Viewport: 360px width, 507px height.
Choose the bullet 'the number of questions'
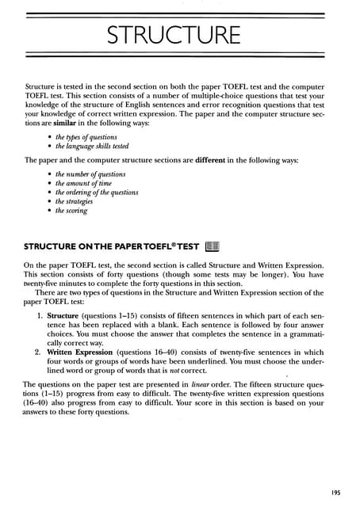pyautogui.click(x=90, y=174)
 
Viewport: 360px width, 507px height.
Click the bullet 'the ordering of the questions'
pyautogui.click(x=97, y=193)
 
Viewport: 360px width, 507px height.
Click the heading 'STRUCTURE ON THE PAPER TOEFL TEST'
pyautogui.click(x=111, y=246)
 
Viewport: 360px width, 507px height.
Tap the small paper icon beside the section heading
pyautogui.click(x=212, y=246)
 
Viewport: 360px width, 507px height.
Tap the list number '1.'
pyautogui.click(x=40, y=315)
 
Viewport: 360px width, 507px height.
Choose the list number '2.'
pyautogui.click(x=40, y=353)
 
